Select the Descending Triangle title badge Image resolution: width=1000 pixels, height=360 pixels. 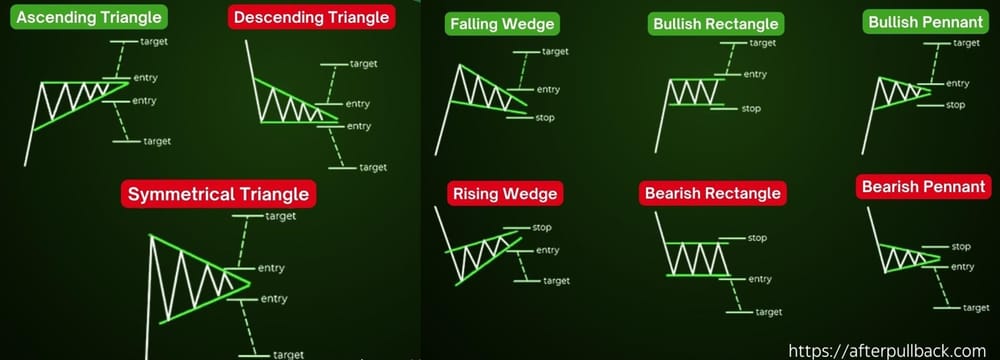coord(312,18)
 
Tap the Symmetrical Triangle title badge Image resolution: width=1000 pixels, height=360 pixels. coord(217,193)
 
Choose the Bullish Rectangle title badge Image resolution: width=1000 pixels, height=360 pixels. coord(714,24)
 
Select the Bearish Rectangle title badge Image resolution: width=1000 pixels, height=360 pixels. coord(712,193)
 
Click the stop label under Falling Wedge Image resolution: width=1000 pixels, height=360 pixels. coord(545,118)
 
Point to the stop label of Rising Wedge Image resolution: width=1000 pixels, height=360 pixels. coord(543,227)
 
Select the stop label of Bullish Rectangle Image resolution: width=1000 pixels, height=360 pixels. coord(752,108)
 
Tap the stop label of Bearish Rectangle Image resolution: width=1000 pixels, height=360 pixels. coord(757,238)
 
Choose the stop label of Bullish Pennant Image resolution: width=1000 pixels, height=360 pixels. coord(955,104)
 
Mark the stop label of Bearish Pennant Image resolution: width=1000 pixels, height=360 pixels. coord(961,246)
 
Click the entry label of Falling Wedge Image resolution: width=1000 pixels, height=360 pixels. coord(548,90)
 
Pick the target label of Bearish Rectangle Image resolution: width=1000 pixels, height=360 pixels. coord(769,312)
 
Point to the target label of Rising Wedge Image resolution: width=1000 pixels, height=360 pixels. coord(556,281)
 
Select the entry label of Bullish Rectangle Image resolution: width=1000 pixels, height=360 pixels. coord(755,74)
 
